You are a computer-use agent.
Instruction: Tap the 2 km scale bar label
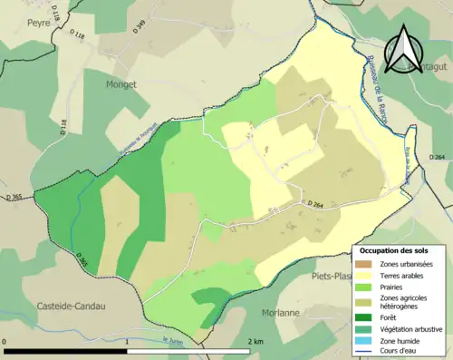tap(256, 341)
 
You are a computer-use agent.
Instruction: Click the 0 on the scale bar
tap(6, 341)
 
